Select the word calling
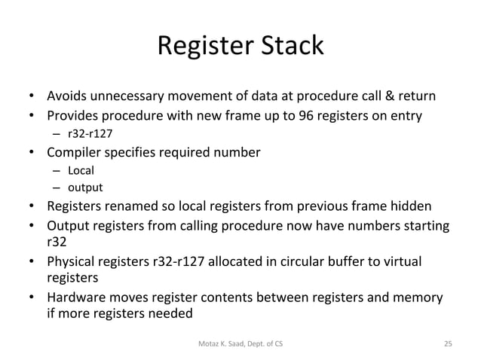[x=216, y=225]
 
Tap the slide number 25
[x=448, y=343]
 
